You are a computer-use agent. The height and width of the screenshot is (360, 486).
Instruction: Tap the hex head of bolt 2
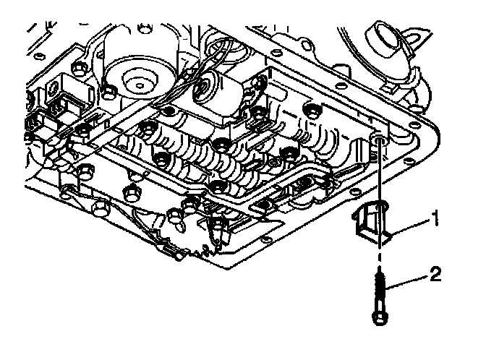(379, 318)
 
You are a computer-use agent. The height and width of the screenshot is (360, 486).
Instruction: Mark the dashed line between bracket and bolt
(378, 256)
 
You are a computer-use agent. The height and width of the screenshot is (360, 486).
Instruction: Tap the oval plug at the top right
(385, 37)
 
